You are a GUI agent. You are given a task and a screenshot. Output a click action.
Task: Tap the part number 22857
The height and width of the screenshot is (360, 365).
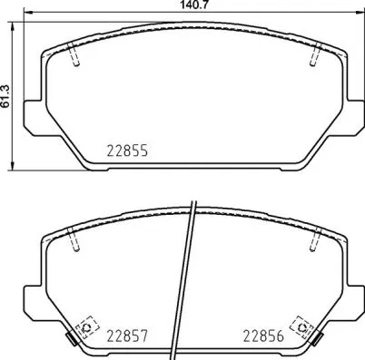click(x=125, y=335)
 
